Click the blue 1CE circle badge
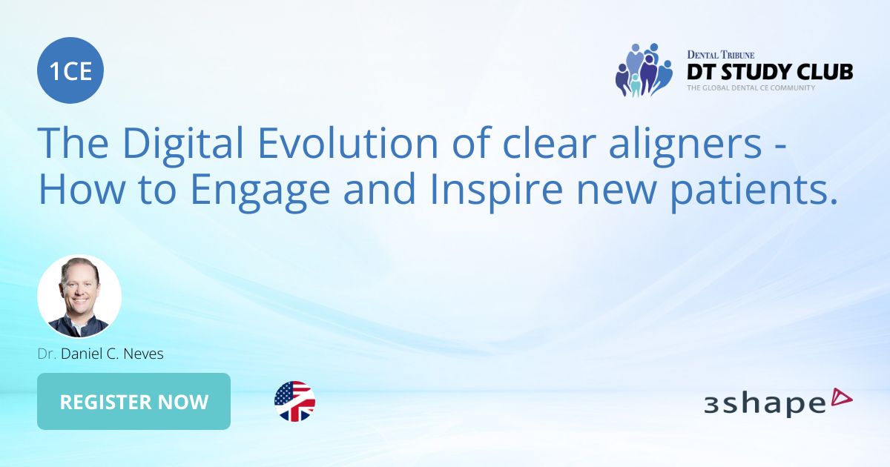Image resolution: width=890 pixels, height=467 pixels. point(70,70)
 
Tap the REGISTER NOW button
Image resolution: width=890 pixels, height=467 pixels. point(133,402)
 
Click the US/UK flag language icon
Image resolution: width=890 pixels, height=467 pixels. point(294,402)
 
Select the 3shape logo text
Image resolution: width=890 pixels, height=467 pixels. point(765,404)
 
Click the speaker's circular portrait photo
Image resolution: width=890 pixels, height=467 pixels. point(79,297)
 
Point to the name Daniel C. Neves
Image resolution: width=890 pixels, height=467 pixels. point(113,354)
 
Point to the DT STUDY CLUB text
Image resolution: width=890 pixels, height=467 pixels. point(769,72)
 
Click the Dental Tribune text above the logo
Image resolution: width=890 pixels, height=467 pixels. point(720,54)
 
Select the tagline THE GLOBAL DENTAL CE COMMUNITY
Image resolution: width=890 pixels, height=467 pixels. point(751,87)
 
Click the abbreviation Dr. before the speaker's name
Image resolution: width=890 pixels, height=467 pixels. point(47,354)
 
